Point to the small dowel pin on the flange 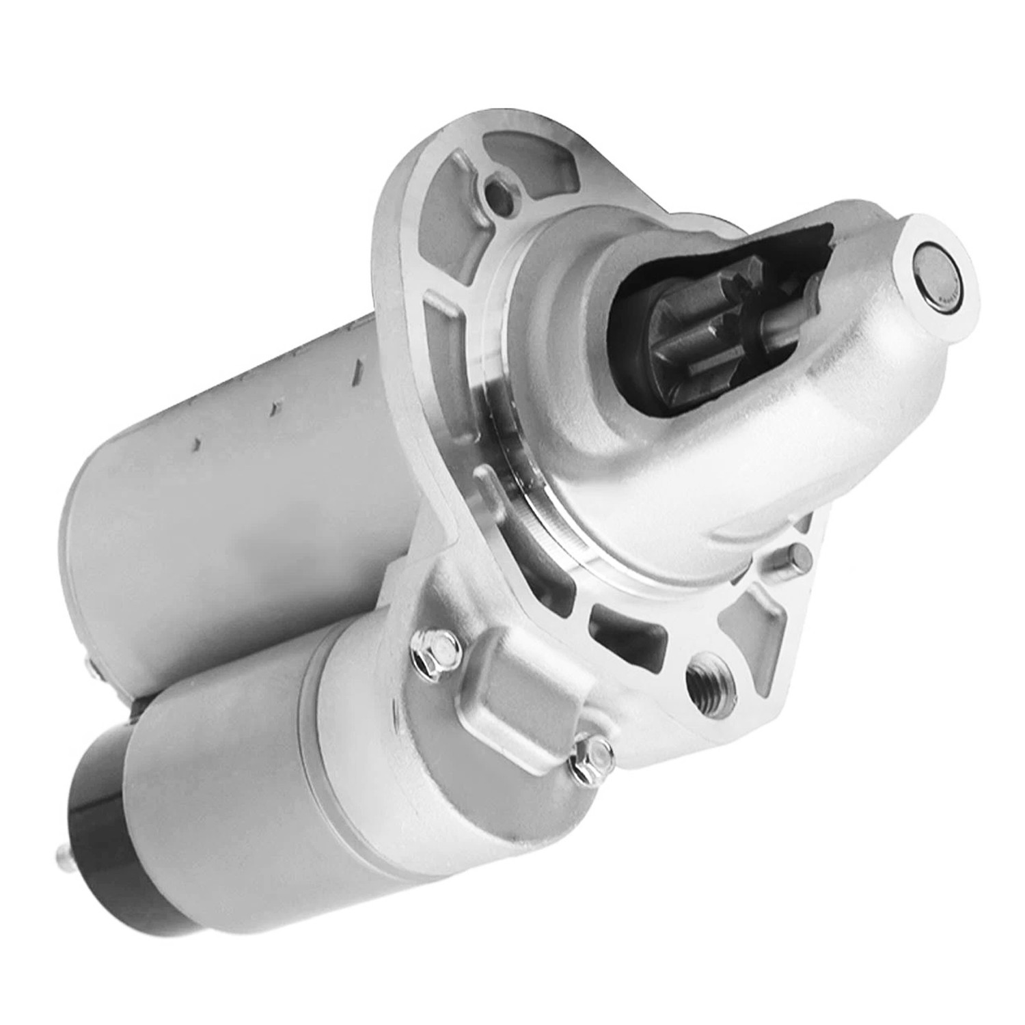click(x=795, y=554)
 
